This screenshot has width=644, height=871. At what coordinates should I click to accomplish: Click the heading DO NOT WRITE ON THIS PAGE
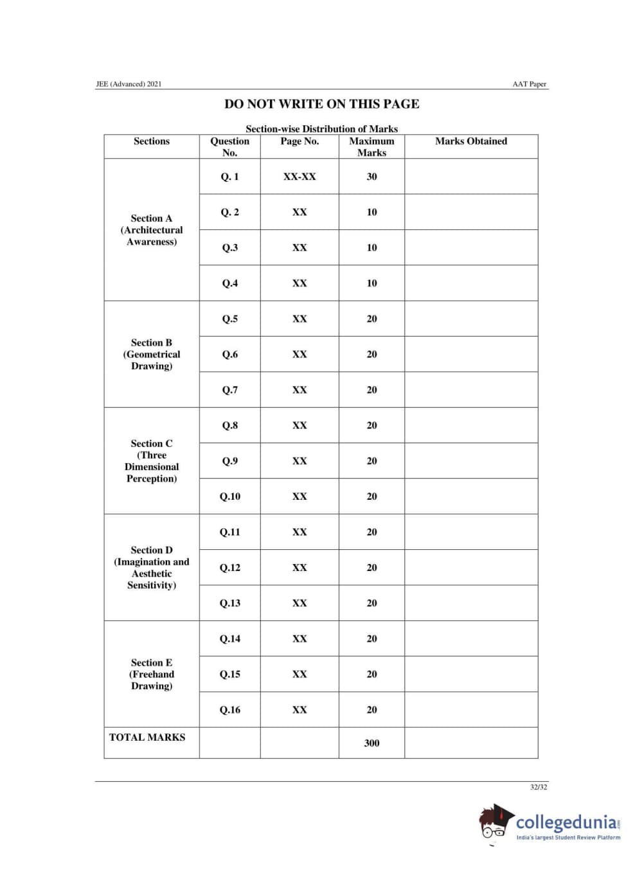click(321, 104)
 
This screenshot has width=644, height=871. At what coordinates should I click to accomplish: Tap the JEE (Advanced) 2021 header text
click(129, 84)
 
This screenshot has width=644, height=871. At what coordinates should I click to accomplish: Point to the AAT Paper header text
click(529, 84)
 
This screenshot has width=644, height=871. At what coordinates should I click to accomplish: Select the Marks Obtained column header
click(470, 141)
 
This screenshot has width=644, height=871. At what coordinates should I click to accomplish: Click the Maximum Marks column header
click(371, 146)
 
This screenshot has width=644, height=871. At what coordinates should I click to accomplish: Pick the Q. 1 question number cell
click(229, 177)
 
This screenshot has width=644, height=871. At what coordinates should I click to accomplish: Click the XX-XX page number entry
click(300, 177)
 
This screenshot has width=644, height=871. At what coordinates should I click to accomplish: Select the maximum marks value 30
click(371, 177)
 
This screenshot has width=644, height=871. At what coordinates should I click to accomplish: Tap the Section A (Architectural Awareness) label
click(152, 230)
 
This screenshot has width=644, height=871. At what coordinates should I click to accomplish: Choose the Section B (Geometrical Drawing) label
click(152, 355)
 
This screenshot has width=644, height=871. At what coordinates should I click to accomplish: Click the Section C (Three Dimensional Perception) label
click(152, 461)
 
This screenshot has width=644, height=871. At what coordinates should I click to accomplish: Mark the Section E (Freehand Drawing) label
click(152, 674)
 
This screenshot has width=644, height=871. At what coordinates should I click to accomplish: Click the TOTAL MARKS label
click(147, 737)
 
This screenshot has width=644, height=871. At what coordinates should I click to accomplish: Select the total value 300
click(371, 743)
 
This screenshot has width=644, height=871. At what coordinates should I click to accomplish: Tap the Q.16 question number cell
click(229, 710)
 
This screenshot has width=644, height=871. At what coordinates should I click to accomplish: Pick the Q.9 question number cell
click(229, 461)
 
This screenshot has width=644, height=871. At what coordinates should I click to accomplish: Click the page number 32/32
click(539, 787)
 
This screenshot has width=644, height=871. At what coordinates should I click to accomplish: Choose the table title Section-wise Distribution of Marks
click(321, 129)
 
